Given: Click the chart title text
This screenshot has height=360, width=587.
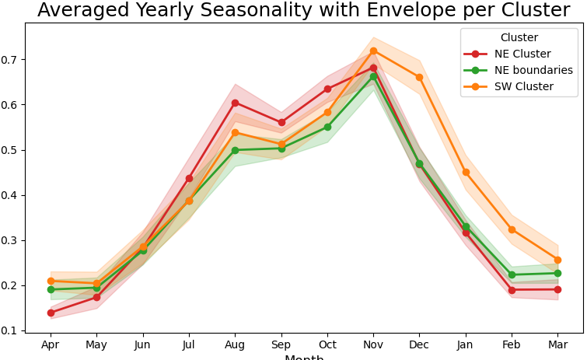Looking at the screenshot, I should pos(303,10).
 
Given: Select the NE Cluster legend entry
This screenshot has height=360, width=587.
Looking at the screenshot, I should pos(522,54).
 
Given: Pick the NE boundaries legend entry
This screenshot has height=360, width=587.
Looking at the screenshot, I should pos(533,70).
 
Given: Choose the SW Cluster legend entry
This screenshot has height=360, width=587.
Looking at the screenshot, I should pos(523,86).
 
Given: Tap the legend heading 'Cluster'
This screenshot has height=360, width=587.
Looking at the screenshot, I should pos(519,37).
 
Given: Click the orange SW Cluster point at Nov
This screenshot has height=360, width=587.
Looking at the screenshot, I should pos(373,51).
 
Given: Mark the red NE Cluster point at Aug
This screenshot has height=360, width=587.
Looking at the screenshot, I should pos(235,103).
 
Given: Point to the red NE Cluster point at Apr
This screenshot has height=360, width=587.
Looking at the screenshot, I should pos(51,313).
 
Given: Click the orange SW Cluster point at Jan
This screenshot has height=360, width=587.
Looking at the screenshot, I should pos(466,172).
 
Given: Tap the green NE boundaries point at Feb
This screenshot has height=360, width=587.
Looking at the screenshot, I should pos(512,274).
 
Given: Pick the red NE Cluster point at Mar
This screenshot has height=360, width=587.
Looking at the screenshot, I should pos(557,289).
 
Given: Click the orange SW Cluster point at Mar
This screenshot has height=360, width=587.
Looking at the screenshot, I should pos(557,260).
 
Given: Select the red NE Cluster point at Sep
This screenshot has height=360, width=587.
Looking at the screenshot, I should pos(281,122).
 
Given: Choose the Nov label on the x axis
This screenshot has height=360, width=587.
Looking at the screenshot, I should pos(373,344).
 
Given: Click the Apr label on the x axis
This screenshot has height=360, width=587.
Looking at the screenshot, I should pos(51,344).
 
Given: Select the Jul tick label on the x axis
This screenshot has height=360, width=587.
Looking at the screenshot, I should pos(189,344).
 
